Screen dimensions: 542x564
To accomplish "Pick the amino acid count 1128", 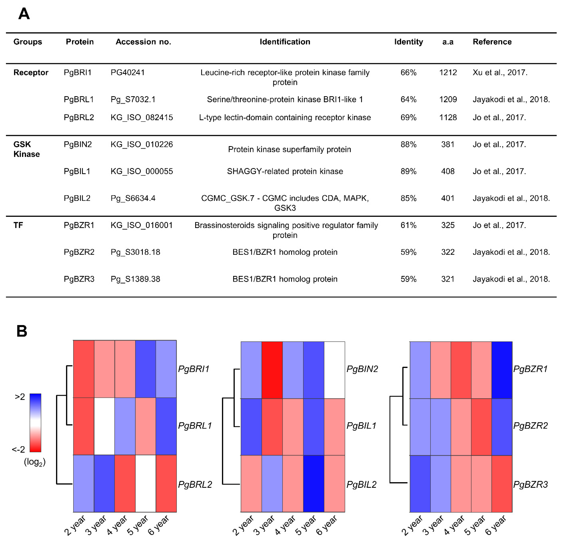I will (x=448, y=117).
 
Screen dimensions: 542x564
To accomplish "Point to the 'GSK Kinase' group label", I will (x=26, y=149).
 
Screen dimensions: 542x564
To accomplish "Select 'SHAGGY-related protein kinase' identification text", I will (x=285, y=171).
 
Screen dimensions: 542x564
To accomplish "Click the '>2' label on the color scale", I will (x=20, y=397).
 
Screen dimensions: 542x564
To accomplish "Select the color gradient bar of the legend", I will (x=35, y=423).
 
